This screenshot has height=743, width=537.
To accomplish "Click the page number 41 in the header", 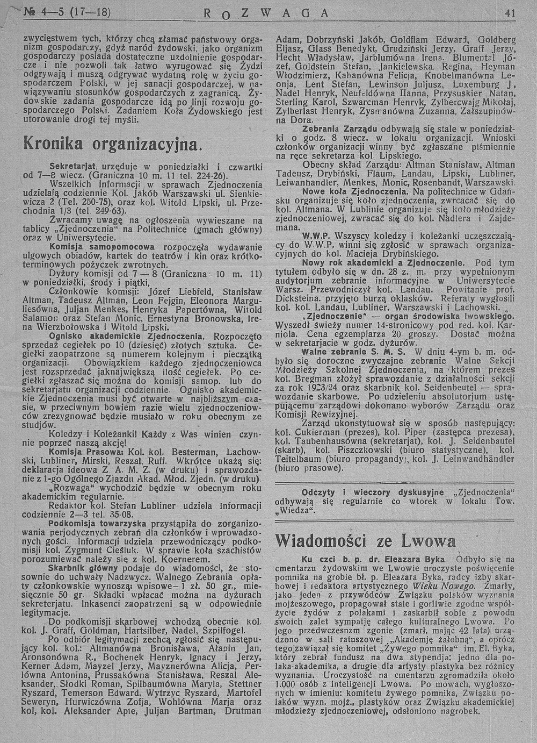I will coord(509,13).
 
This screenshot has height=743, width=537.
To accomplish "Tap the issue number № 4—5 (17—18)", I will coord(68,11).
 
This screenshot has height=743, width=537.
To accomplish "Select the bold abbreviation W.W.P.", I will coord(315,235).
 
